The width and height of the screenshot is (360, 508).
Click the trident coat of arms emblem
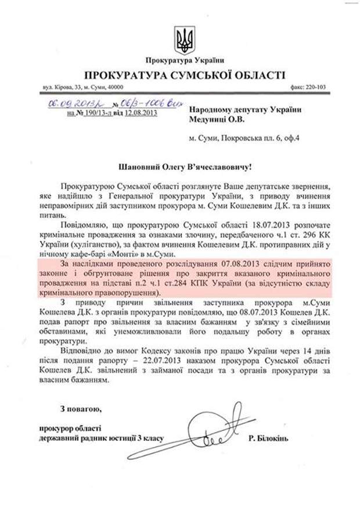point(184,39)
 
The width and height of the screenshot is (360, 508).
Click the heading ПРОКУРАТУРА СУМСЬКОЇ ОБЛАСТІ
point(184,75)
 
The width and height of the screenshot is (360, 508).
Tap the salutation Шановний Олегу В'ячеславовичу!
point(184,167)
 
